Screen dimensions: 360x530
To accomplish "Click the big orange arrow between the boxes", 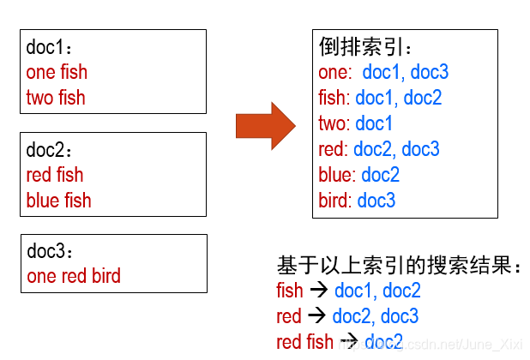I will click(x=265, y=125).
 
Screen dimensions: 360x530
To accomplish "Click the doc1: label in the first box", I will click(x=51, y=47).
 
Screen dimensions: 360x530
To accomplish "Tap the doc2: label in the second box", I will click(x=51, y=150).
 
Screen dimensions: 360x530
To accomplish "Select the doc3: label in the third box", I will click(x=51, y=252).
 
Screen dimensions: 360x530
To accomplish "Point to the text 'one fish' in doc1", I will click(x=57, y=72).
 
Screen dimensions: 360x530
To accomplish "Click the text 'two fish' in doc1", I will click(x=56, y=98).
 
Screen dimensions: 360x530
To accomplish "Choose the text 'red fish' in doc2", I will click(x=55, y=175).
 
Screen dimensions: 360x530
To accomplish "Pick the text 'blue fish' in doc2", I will click(x=58, y=201).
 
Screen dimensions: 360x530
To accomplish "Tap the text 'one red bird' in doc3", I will click(x=74, y=276).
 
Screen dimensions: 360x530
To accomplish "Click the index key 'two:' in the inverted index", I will click(x=334, y=123).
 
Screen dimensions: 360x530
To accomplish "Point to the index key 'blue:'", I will click(x=336, y=175).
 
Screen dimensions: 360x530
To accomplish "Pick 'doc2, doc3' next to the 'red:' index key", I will click(x=396, y=149).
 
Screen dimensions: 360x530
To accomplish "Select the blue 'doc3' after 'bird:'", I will click(x=376, y=201).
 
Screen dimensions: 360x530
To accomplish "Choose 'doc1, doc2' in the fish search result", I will click(x=377, y=291).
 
